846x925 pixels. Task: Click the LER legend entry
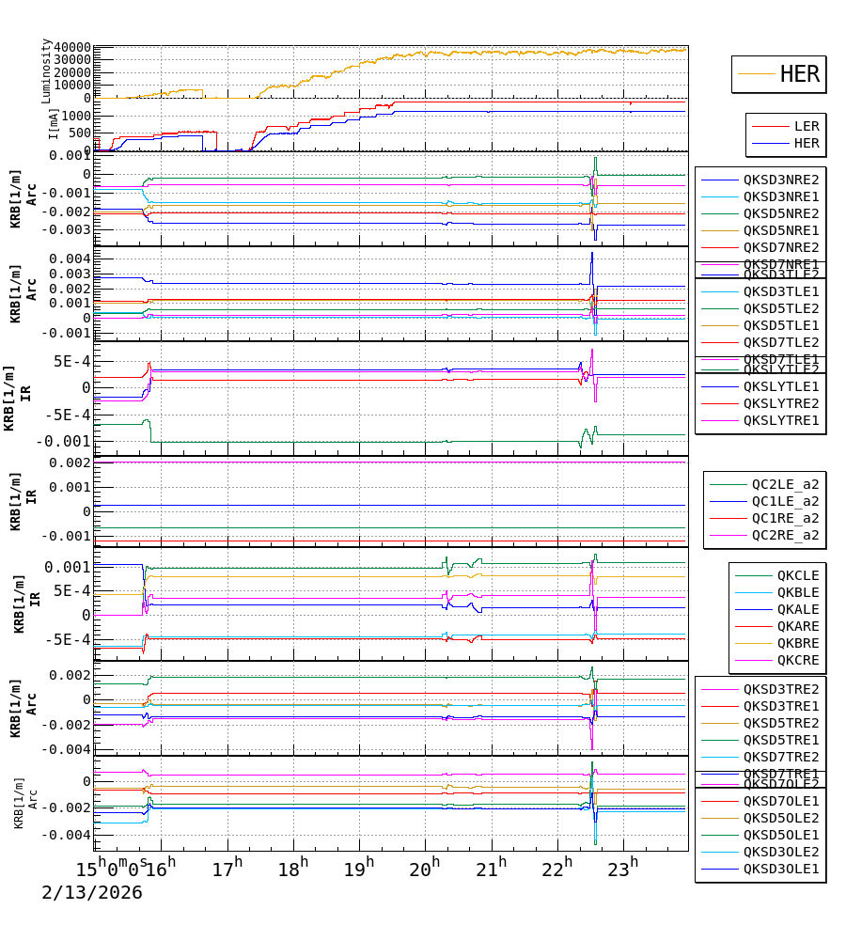806,126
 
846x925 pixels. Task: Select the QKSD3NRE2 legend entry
780,180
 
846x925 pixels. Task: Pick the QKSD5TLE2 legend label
780,308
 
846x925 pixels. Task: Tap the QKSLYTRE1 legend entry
780,420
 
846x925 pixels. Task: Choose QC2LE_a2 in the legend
784,484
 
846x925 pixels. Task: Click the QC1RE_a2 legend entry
784,518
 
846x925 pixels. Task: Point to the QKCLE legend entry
797,575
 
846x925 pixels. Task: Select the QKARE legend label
797,626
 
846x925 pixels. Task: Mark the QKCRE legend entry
797,660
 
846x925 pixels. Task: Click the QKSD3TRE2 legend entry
780,689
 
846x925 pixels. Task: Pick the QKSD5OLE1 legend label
780,835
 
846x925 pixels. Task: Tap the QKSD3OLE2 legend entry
780,852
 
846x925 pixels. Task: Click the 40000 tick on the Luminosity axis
72,48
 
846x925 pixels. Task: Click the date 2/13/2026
91,893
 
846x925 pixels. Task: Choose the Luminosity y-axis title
46,71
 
